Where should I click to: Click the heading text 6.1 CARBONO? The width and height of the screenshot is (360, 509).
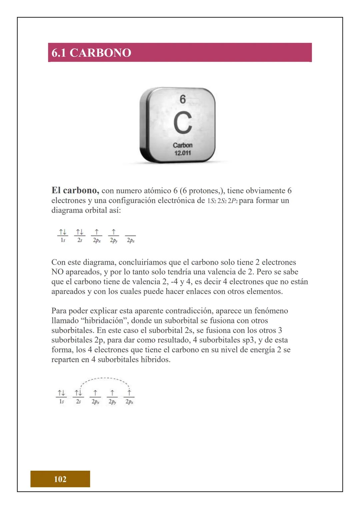91,53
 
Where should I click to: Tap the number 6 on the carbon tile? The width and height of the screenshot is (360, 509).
183,99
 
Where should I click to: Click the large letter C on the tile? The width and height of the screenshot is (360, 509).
182,123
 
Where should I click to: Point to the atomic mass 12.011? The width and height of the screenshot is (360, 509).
183,153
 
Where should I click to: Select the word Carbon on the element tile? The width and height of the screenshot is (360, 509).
183,145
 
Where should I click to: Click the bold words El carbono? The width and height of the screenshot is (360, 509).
75,190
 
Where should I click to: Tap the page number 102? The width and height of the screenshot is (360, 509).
60,479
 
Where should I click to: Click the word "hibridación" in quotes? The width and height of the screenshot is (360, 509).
104,321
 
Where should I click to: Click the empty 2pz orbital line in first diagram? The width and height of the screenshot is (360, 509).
130,235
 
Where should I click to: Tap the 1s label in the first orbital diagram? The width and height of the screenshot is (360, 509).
63,240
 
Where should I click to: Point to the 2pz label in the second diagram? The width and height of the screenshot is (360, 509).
129,402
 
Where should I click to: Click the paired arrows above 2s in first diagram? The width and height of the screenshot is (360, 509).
79,232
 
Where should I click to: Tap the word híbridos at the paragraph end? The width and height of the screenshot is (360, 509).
157,360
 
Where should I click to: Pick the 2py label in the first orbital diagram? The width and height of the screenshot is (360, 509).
114,240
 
